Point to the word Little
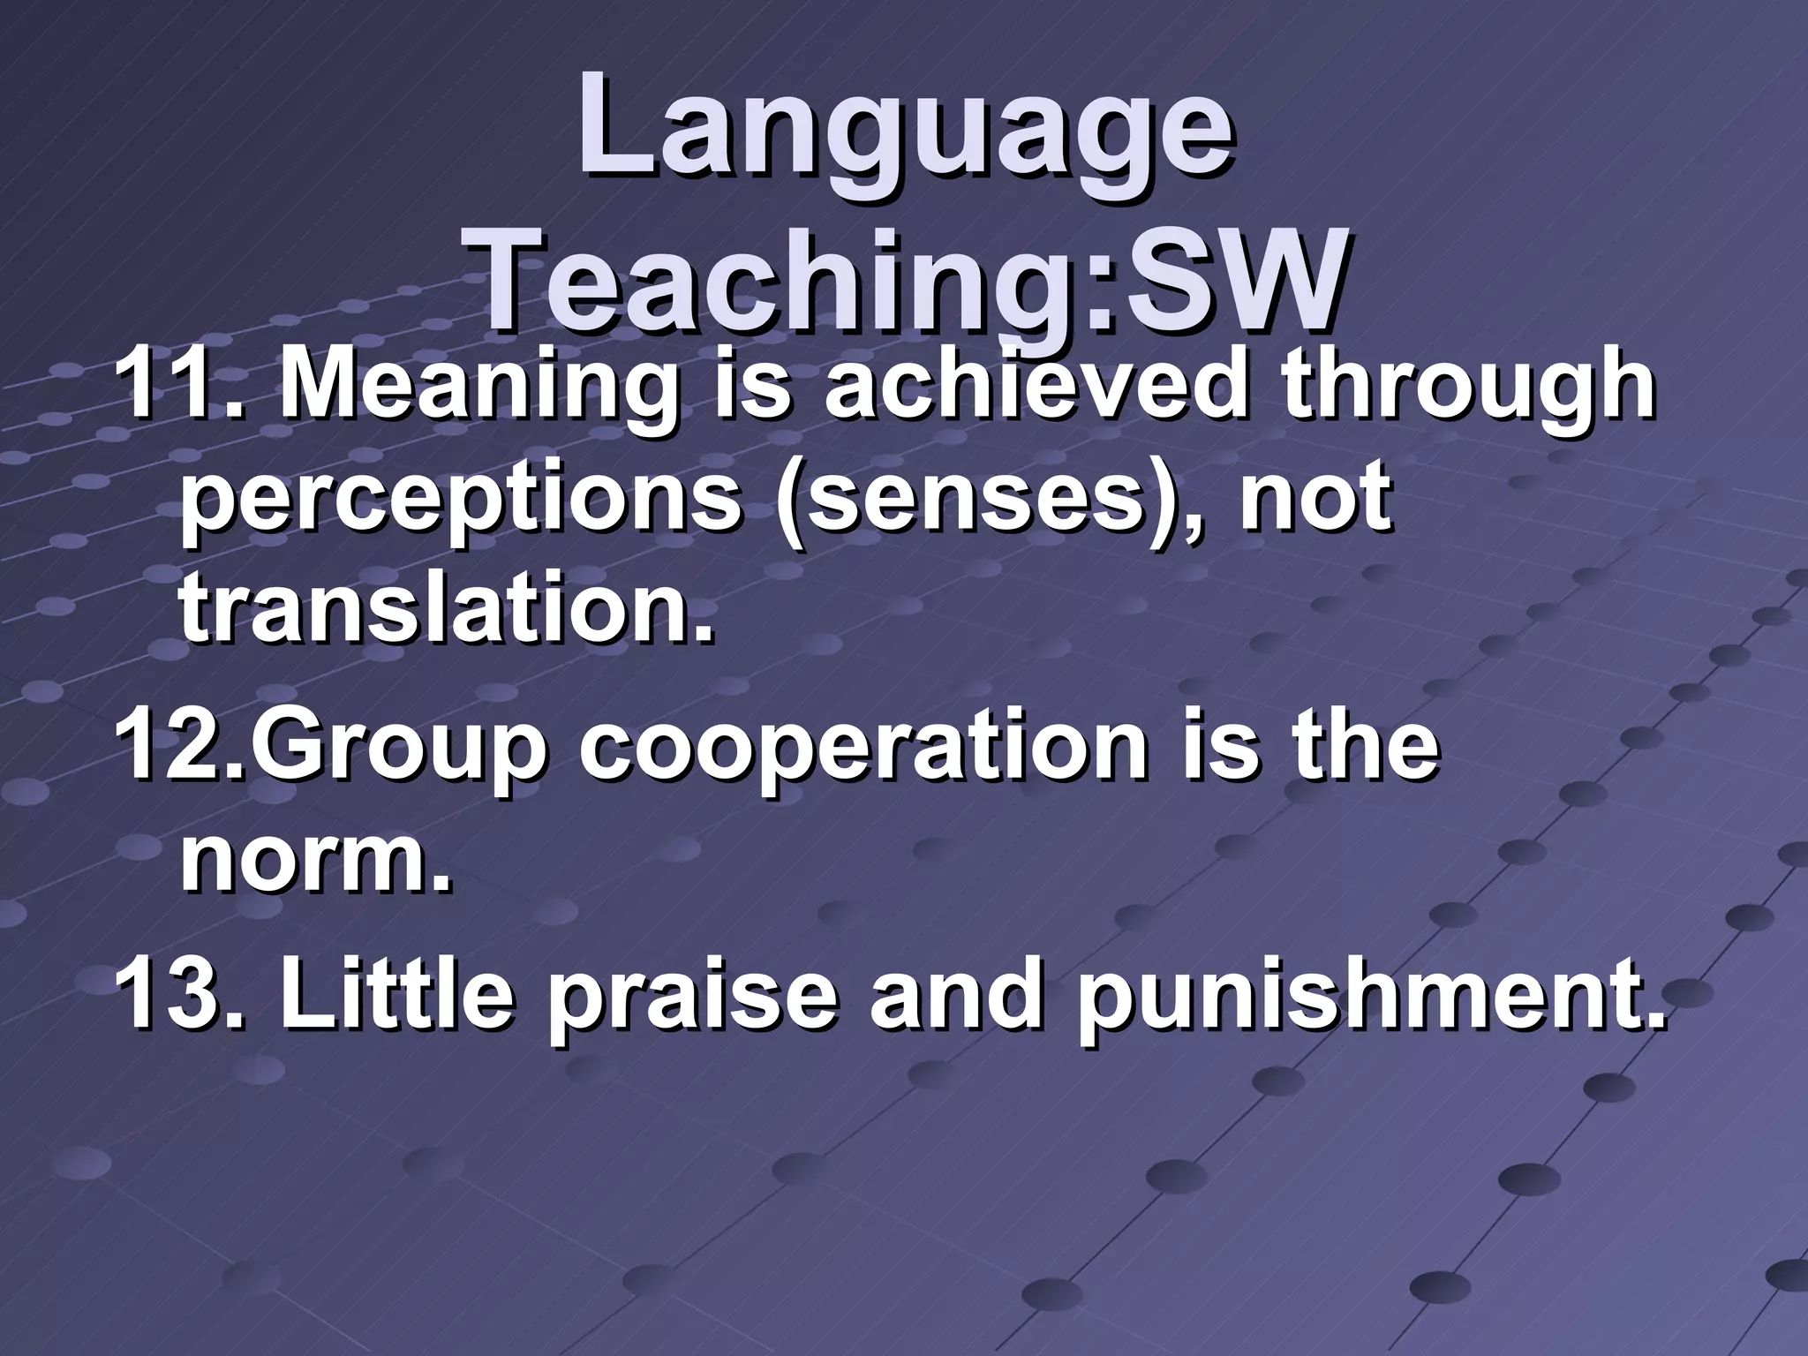397,998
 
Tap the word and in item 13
957,998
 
